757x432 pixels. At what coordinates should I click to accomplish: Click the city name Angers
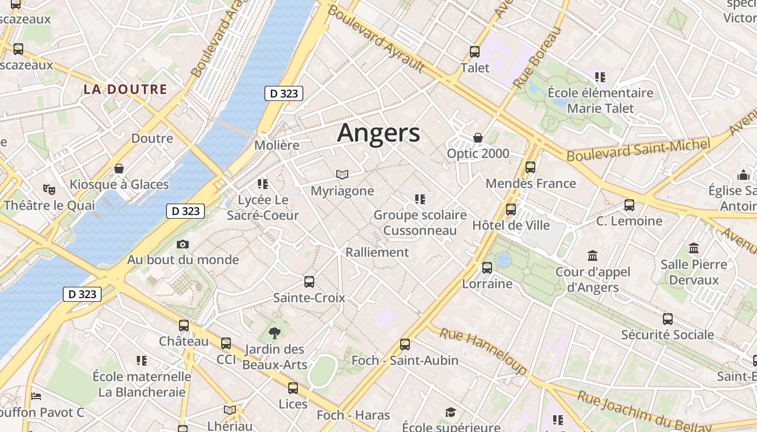[378, 133]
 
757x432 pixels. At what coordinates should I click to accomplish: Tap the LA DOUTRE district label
[125, 90]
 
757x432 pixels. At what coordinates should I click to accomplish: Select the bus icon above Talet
[475, 52]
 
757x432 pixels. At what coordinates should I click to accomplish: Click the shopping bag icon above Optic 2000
[477, 138]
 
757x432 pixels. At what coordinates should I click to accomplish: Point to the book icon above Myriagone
[342, 174]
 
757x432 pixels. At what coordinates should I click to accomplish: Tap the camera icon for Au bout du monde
[183, 244]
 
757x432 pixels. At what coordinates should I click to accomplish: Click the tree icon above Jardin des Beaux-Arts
[275, 333]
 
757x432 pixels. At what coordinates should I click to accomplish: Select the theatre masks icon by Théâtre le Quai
[49, 189]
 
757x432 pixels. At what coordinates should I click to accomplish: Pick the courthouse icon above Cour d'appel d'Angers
[593, 255]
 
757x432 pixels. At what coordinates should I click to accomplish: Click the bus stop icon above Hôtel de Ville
[511, 209]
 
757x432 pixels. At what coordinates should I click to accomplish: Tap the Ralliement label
[377, 252]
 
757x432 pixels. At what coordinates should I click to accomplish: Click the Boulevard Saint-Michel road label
[638, 150]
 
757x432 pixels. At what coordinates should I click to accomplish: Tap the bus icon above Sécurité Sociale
[668, 319]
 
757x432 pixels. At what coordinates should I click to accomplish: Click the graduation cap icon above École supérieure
[450, 413]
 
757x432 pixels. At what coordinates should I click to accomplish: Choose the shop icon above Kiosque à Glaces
[119, 168]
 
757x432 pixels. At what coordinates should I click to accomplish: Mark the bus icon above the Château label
[184, 325]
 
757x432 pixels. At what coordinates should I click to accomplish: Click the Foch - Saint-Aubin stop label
[405, 360]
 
